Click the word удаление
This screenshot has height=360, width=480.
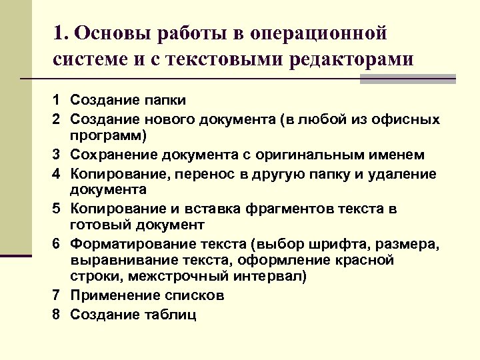click(406, 173)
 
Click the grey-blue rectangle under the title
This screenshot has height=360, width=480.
click(407, 79)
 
